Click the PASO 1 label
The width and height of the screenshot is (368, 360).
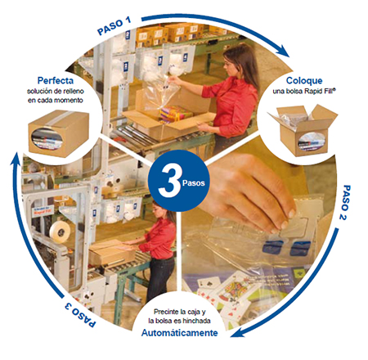[114, 26]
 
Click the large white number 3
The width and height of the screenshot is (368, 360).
[169, 181]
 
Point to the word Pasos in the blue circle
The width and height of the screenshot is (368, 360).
[194, 182]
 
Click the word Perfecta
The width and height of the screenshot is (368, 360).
[56, 80]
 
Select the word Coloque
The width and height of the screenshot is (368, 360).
[304, 80]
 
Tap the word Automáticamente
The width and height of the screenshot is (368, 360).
[179, 333]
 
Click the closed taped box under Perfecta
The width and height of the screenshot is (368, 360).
[59, 133]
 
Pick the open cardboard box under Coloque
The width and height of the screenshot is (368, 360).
[303, 129]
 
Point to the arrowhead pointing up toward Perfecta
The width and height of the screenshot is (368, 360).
[16, 160]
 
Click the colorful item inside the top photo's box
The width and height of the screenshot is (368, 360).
[176, 113]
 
